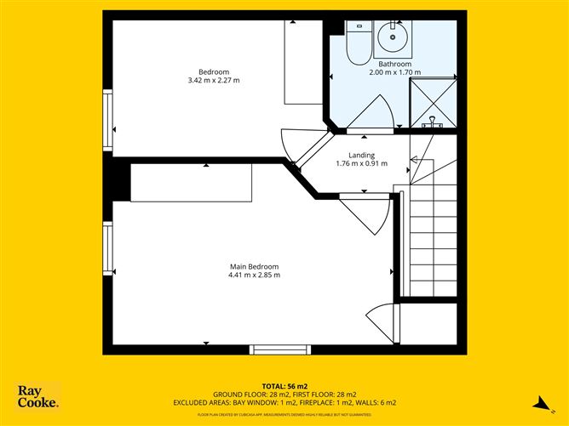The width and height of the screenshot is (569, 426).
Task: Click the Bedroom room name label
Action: pyautogui.click(x=213, y=71)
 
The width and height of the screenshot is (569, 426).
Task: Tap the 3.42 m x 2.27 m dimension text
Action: pyautogui.click(x=213, y=81)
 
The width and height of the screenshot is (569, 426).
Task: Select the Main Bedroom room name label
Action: pyautogui.click(x=254, y=266)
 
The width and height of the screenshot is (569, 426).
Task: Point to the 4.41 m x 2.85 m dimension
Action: pyautogui.click(x=254, y=275)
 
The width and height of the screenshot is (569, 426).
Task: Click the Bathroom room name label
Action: pyautogui.click(x=395, y=64)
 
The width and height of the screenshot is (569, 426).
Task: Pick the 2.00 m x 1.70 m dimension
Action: pyautogui.click(x=395, y=73)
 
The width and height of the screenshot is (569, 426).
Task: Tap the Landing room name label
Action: pyautogui.click(x=361, y=154)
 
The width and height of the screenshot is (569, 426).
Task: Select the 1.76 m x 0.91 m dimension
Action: pyautogui.click(x=361, y=163)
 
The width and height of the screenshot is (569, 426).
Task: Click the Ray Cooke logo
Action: pyautogui.click(x=38, y=396)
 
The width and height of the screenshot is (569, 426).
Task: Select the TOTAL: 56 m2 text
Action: pyautogui.click(x=284, y=385)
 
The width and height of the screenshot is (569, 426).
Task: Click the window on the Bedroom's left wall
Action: pyautogui.click(x=107, y=122)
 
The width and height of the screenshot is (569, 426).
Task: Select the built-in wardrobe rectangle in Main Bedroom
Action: pyautogui.click(x=191, y=183)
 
